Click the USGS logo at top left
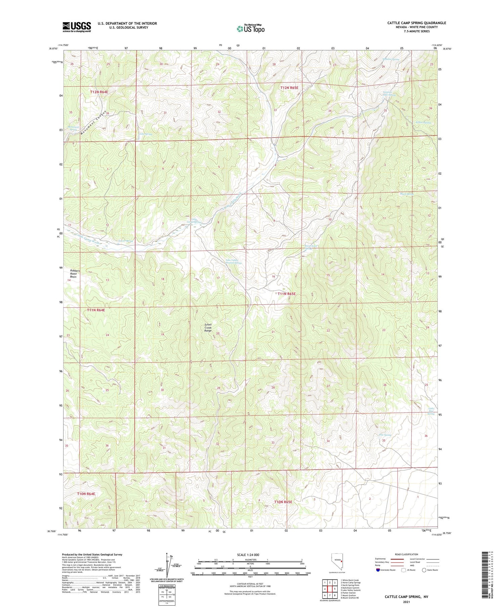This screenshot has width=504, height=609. [x=77, y=27]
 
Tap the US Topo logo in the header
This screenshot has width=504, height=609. [x=250, y=29]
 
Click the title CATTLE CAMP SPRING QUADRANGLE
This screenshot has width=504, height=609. [x=416, y=23]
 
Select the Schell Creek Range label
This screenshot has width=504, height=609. [x=208, y=328]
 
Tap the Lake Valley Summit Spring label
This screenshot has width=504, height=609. [x=233, y=261]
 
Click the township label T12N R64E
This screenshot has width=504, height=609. [x=99, y=92]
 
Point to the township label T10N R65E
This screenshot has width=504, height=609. [x=283, y=502]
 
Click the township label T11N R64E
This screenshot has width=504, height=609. [x=96, y=310]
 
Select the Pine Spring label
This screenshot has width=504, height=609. [x=385, y=435]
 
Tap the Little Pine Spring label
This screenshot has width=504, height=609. [x=431, y=411]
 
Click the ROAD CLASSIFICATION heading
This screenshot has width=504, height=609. [x=407, y=554]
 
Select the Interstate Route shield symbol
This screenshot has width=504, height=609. [x=378, y=570]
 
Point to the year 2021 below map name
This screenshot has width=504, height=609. [x=407, y=602]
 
